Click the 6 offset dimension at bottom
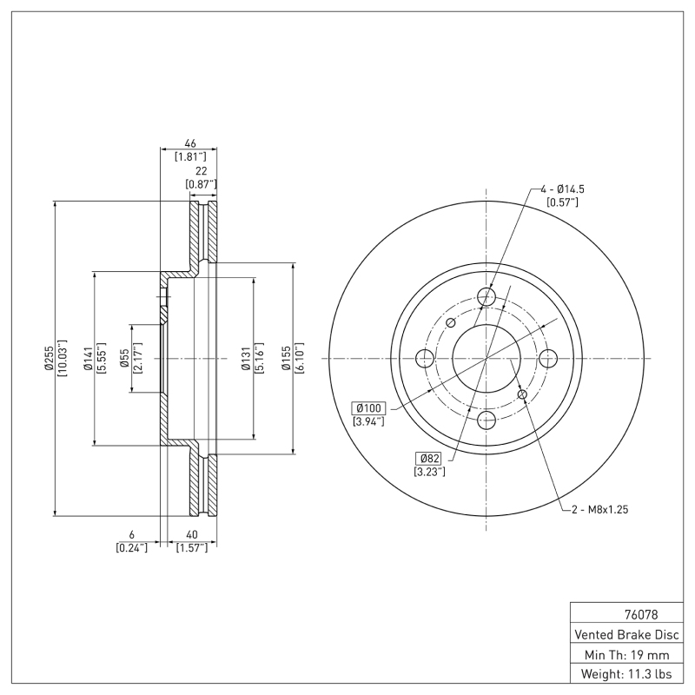pyautogui.click(x=131, y=534)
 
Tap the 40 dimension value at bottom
pyautogui.click(x=191, y=534)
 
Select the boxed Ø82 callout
pyautogui.click(x=431, y=458)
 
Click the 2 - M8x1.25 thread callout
pyautogui.click(x=599, y=510)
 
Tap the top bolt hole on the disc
pyautogui.click(x=486, y=297)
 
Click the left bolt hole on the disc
pyautogui.click(x=426, y=358)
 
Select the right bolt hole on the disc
pyautogui.click(x=547, y=358)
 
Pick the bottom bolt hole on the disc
pyautogui.click(x=486, y=420)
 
